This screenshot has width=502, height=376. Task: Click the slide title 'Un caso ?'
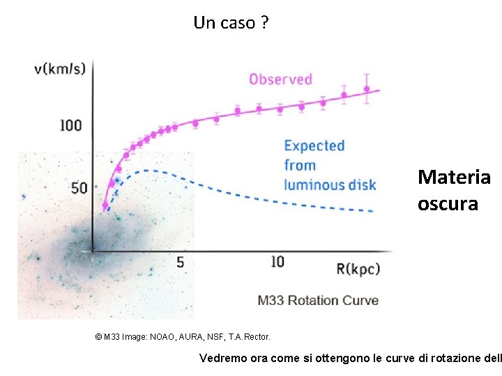tap(231, 23)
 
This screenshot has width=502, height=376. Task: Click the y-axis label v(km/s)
tap(60, 68)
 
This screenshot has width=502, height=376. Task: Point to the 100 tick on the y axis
tap(71, 125)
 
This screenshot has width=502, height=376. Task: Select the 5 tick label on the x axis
tap(180, 263)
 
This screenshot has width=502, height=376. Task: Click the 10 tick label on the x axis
tap(277, 262)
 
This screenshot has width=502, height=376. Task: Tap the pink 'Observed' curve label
tap(280, 79)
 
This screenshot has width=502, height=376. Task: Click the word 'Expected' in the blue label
tap(314, 146)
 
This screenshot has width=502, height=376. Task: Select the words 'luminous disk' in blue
tap(329, 185)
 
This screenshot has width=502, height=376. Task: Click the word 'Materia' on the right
tap(454, 178)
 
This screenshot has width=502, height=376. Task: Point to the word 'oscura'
tap(448, 204)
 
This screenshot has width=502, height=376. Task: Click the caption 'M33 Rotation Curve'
tap(318, 301)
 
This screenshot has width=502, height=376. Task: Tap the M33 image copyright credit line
tap(182, 337)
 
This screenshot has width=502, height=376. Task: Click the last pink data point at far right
tap(367, 89)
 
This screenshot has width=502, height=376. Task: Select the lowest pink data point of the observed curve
tap(105, 205)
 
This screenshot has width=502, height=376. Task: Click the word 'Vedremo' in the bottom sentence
tap(222, 359)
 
